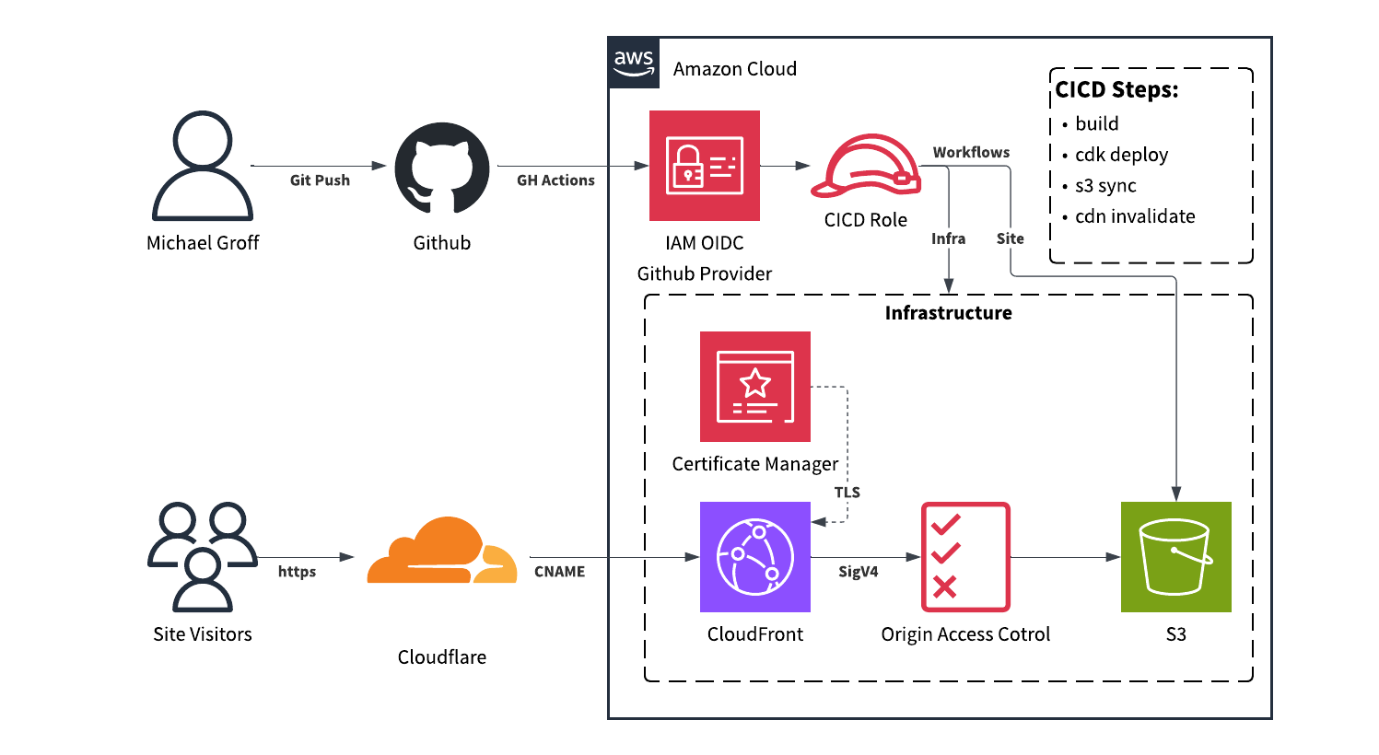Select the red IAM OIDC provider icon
click(705, 166)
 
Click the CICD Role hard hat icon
click(865, 168)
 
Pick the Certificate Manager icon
click(755, 387)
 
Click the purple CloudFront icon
click(755, 557)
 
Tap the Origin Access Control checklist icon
click(965, 557)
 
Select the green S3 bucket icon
click(1175, 557)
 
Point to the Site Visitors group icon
click(203, 557)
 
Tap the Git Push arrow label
click(320, 180)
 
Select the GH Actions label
click(555, 180)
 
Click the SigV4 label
click(858, 572)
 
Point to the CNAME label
click(559, 572)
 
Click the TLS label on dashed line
click(847, 493)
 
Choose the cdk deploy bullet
click(1121, 155)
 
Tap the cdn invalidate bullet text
click(1135, 216)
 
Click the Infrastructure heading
click(948, 313)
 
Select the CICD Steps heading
click(1116, 90)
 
